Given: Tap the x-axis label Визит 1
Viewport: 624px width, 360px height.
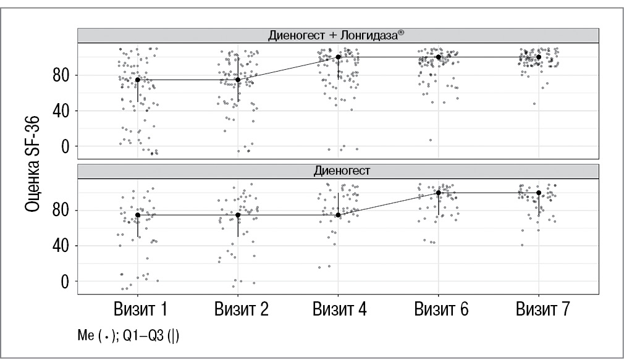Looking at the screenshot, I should coord(138,309).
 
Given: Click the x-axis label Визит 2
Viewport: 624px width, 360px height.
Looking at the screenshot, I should coord(238,309).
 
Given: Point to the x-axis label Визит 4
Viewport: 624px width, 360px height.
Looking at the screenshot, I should coord(339,309).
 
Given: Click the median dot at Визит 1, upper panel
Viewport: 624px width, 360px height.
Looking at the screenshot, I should coord(138,80).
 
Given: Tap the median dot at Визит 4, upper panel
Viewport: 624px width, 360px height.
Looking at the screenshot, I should coord(338,57).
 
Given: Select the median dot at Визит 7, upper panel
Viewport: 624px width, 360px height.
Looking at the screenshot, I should coord(539,57).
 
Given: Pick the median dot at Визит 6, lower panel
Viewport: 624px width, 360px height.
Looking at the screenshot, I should coord(439,193).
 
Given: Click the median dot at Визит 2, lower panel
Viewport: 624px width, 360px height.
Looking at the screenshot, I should coord(238,215).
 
